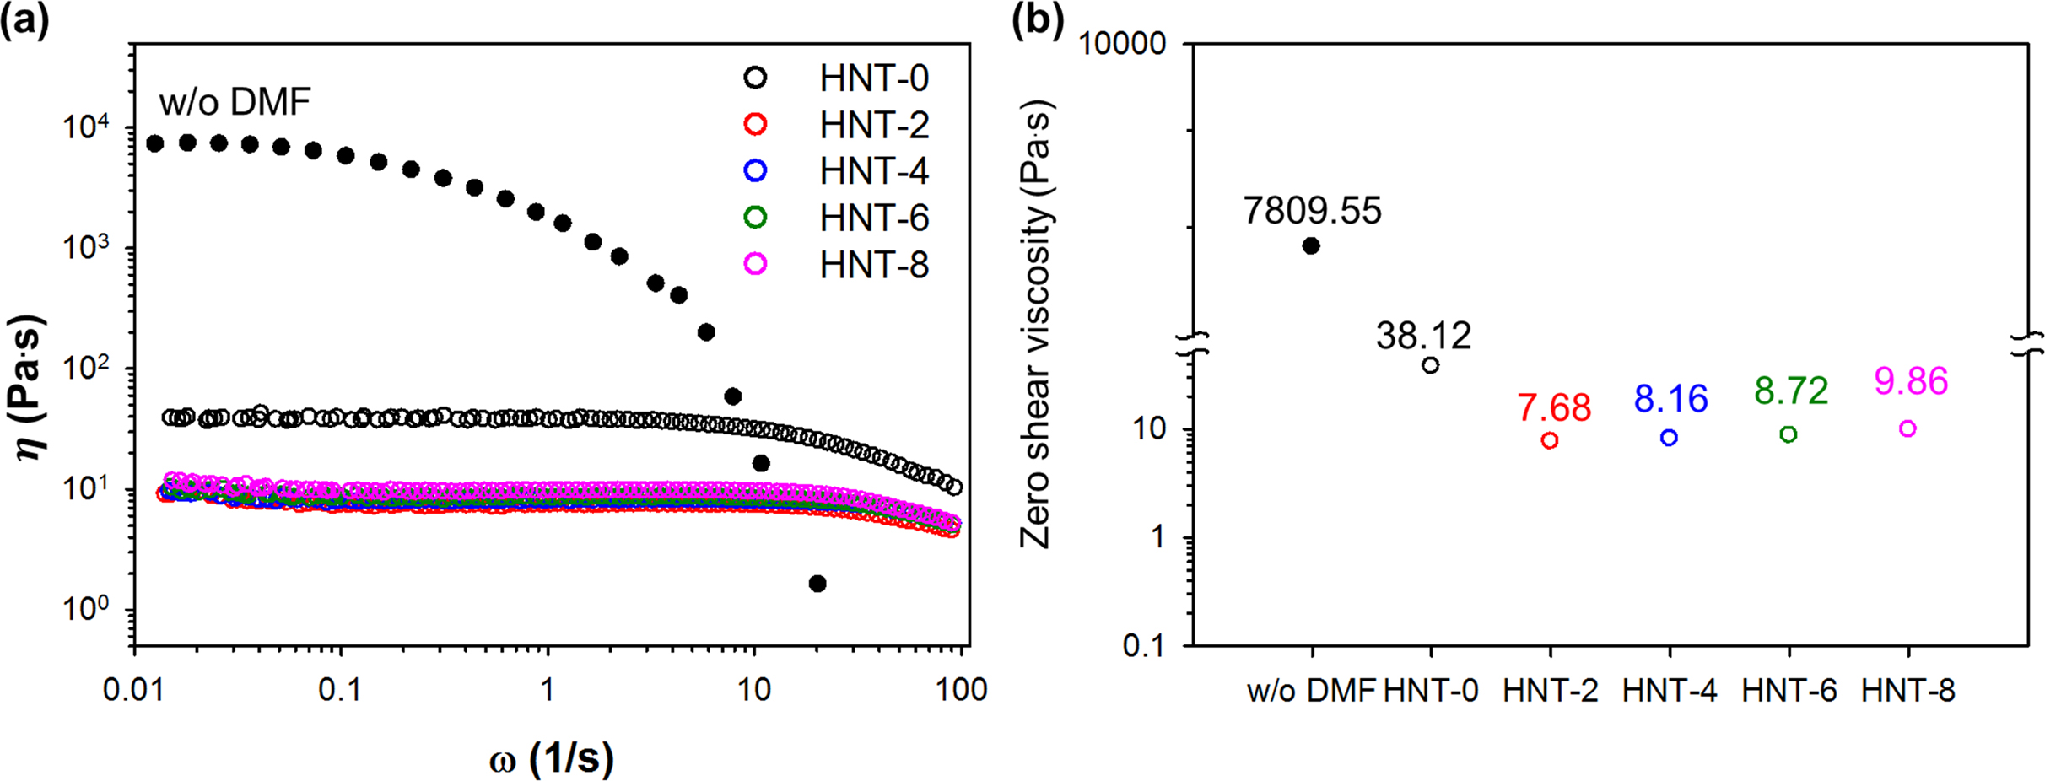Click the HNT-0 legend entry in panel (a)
coord(873,78)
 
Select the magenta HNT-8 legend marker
coord(755,264)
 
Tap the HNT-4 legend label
coord(873,171)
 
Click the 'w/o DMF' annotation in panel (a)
coord(235,103)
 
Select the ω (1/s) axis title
coord(552,759)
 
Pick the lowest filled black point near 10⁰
coord(817,584)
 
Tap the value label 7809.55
coord(1312,211)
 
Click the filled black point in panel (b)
coord(1311,246)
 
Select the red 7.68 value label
coord(1554,408)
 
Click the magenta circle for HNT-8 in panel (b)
coord(1907,428)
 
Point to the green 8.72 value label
coord(1791,390)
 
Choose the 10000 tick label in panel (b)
coord(1122,43)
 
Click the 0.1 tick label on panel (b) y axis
coord(1145,645)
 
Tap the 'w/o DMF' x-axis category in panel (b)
coord(1311,692)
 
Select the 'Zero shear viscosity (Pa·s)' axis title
coord(1035,325)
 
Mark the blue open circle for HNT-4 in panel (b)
coord(1669,438)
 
